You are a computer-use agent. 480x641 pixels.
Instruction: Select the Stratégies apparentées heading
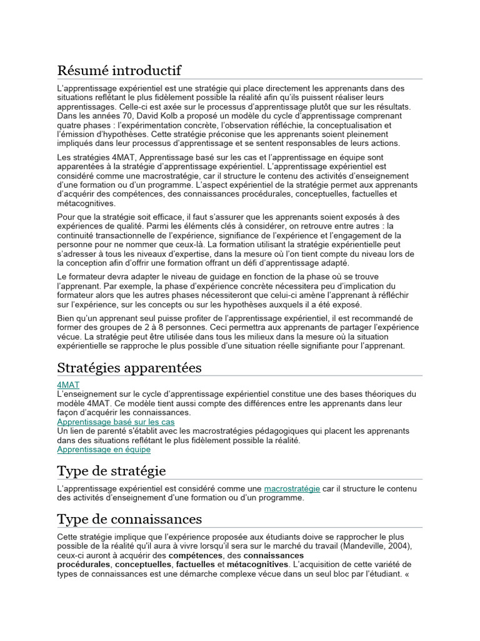tap(129, 367)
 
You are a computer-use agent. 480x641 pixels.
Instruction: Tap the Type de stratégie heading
tap(111, 471)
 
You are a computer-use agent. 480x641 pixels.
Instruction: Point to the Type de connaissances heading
tap(129, 519)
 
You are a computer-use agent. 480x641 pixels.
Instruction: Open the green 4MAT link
tap(68, 384)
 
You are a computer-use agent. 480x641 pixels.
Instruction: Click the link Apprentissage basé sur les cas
tap(116, 422)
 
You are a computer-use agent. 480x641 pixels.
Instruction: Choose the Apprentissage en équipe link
tap(104, 449)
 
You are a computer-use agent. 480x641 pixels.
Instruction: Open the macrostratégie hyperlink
tap(292, 488)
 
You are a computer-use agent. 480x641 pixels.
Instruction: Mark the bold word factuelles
tap(195, 564)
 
